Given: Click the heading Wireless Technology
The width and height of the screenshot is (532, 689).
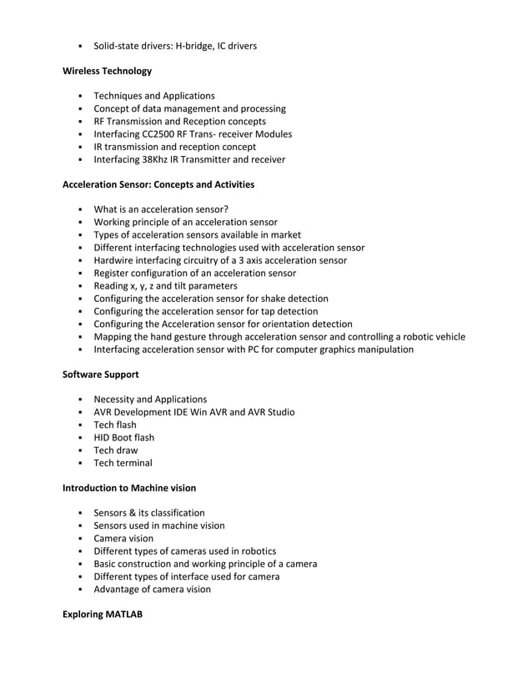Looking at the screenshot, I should coord(108,71).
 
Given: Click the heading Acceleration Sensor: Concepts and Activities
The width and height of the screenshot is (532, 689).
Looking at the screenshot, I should coord(158,184).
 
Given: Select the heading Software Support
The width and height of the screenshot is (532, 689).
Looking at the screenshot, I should coord(101,375).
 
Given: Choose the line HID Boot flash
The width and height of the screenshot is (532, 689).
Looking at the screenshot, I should coord(124,438).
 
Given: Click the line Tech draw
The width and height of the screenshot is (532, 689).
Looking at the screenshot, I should coord(116,450).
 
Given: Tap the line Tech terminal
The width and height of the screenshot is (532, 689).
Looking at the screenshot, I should coord(123,463).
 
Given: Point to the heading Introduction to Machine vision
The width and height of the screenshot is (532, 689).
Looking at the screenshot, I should coord(129,488).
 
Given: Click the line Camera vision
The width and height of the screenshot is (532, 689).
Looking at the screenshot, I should coord(123,539).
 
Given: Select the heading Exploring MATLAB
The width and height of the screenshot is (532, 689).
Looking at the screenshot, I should coord(103,615).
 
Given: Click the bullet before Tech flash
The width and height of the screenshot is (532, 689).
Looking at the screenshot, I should coord(81,425).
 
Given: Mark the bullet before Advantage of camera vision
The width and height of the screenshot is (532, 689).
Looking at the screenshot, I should coord(81,590).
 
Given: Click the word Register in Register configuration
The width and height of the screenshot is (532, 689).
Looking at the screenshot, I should coord(113,274).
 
